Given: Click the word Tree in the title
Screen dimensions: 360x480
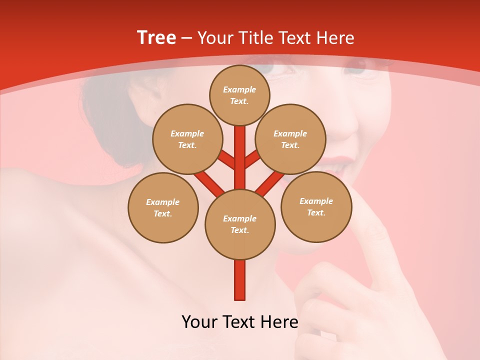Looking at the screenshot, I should coord(156,38).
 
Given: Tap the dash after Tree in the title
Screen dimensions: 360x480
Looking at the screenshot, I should coord(186,38).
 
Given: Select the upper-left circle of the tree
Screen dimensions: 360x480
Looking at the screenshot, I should coord(187,139).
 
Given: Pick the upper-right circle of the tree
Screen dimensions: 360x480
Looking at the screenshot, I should coord(290,139).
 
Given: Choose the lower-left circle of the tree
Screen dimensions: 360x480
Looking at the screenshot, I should coord(163,207).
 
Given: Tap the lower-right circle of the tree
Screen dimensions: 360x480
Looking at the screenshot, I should coord(316,206).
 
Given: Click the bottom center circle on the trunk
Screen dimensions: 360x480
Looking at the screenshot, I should coord(240,224).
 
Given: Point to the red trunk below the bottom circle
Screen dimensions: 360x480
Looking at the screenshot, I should coord(240,280).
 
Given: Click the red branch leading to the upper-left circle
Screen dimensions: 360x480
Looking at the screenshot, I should coord(227,160).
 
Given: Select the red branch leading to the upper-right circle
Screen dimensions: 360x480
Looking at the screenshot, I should coord(252,160).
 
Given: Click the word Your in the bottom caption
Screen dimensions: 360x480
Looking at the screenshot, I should coord(199,321).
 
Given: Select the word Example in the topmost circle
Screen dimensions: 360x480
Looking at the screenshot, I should coord(239,89).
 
